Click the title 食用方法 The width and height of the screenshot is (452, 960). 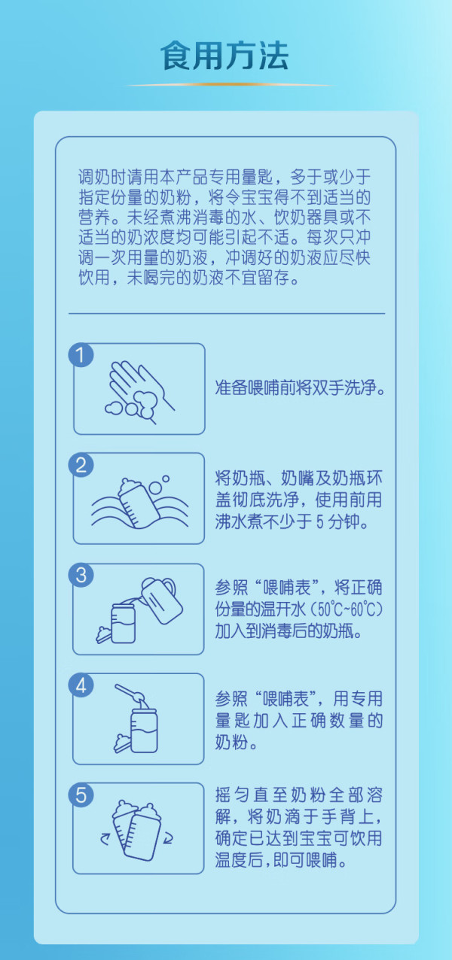224,56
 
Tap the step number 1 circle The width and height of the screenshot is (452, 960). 81,355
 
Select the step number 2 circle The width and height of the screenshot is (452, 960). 81,465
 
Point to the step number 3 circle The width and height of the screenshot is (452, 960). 81,575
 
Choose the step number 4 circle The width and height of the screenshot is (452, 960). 81,685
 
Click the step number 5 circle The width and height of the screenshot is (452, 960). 81,795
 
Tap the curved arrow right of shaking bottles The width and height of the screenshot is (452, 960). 168,838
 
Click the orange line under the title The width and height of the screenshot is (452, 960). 229,85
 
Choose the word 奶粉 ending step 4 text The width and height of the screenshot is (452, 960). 231,743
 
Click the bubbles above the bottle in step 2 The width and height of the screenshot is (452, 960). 158,484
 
